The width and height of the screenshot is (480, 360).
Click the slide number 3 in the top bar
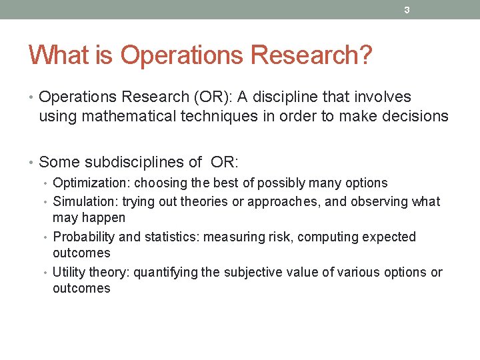pyautogui.click(x=406, y=10)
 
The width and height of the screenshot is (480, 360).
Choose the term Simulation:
pyautogui.click(x=84, y=201)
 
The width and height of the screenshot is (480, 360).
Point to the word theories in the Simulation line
pyautogui.click(x=205, y=201)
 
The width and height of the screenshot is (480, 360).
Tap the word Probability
pyautogui.click(x=81, y=237)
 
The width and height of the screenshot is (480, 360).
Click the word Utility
pyautogui.click(x=67, y=272)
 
